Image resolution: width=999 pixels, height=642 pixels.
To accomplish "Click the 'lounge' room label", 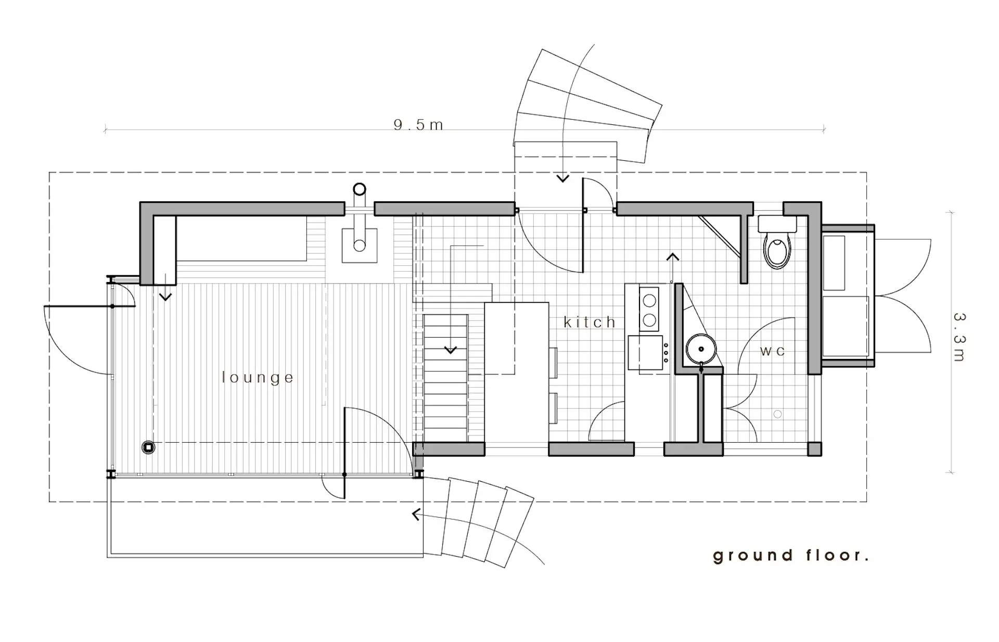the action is pos(258,377).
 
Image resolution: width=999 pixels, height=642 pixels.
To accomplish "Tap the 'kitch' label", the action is pos(590,323).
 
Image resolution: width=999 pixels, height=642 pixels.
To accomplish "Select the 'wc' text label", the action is pos(772,351).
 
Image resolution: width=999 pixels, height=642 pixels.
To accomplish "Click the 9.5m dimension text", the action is pos(419,125).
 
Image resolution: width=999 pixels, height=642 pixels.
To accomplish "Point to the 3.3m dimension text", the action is pos(959,337).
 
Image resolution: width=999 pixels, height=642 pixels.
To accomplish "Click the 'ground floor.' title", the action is pos(791,556).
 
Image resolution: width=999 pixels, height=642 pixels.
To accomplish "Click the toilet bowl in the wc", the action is pos(777,250).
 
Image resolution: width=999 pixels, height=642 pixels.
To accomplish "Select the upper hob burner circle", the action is pos(649,301).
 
